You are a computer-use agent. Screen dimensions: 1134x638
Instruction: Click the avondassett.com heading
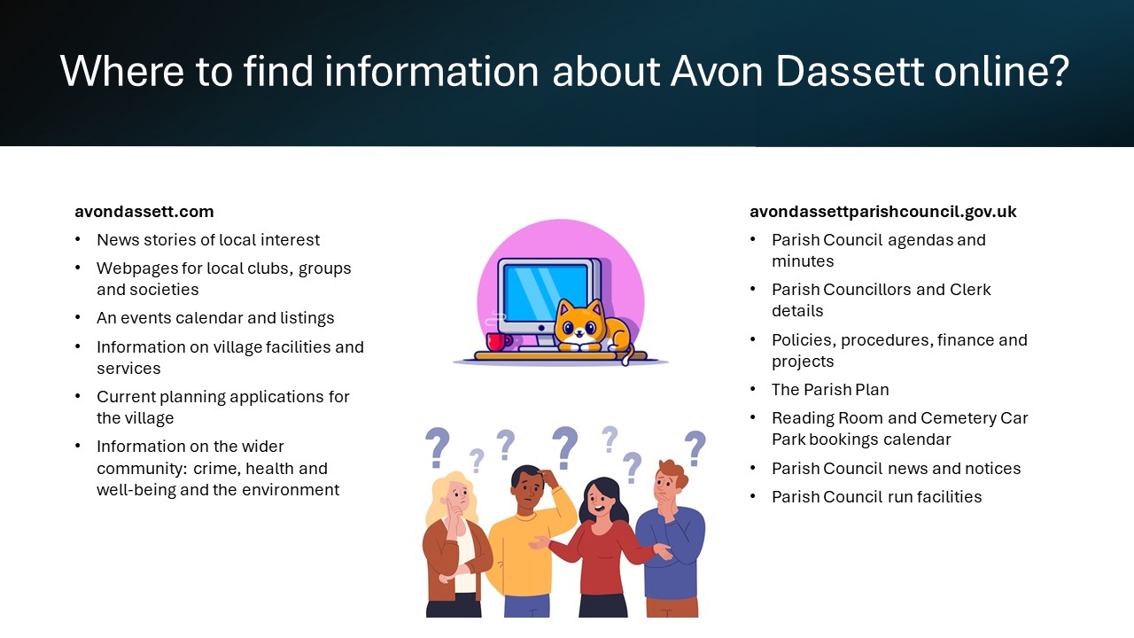(144, 212)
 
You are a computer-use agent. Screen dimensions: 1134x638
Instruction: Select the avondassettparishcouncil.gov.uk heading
(883, 212)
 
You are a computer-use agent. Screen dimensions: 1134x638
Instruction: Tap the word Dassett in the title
(850, 72)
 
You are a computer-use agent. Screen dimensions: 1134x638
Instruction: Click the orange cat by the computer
(593, 329)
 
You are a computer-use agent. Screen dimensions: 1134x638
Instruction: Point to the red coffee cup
(498, 342)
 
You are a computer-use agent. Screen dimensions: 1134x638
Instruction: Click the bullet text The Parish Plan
(830, 389)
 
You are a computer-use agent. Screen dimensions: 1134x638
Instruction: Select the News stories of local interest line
(208, 239)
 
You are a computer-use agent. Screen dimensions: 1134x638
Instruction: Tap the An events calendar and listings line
(215, 317)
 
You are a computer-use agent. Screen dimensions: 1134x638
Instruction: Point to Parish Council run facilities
(877, 497)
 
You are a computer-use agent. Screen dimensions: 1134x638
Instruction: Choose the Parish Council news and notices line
(896, 469)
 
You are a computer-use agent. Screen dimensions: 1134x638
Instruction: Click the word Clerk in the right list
(970, 289)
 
